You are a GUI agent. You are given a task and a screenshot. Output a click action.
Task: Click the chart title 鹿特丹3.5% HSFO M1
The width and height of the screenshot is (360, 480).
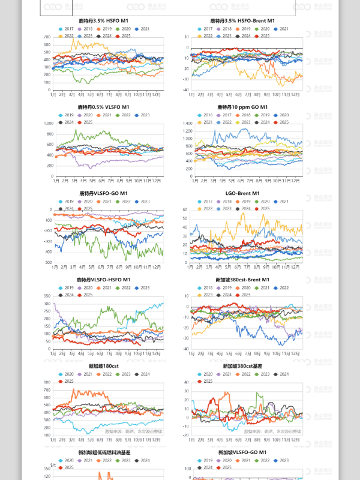tap(103, 21)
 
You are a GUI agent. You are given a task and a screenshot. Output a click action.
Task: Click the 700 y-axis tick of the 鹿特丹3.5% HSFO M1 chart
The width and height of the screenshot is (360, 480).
tap(46, 37)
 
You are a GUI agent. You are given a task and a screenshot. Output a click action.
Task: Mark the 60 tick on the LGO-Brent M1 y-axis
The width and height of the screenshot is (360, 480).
tap(185, 210)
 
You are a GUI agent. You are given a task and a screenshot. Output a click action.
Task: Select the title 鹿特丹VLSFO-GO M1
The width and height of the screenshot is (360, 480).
tap(103, 193)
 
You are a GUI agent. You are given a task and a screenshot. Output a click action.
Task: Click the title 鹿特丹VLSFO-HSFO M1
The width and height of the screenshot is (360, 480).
tap(103, 280)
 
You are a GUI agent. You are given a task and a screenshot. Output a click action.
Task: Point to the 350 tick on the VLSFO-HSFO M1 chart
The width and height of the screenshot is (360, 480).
tap(46, 296)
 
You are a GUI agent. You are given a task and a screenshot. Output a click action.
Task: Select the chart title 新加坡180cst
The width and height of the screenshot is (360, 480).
tap(103, 365)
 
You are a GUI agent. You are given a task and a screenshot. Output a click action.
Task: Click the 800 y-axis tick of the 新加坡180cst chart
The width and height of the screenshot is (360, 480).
tap(46, 382)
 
